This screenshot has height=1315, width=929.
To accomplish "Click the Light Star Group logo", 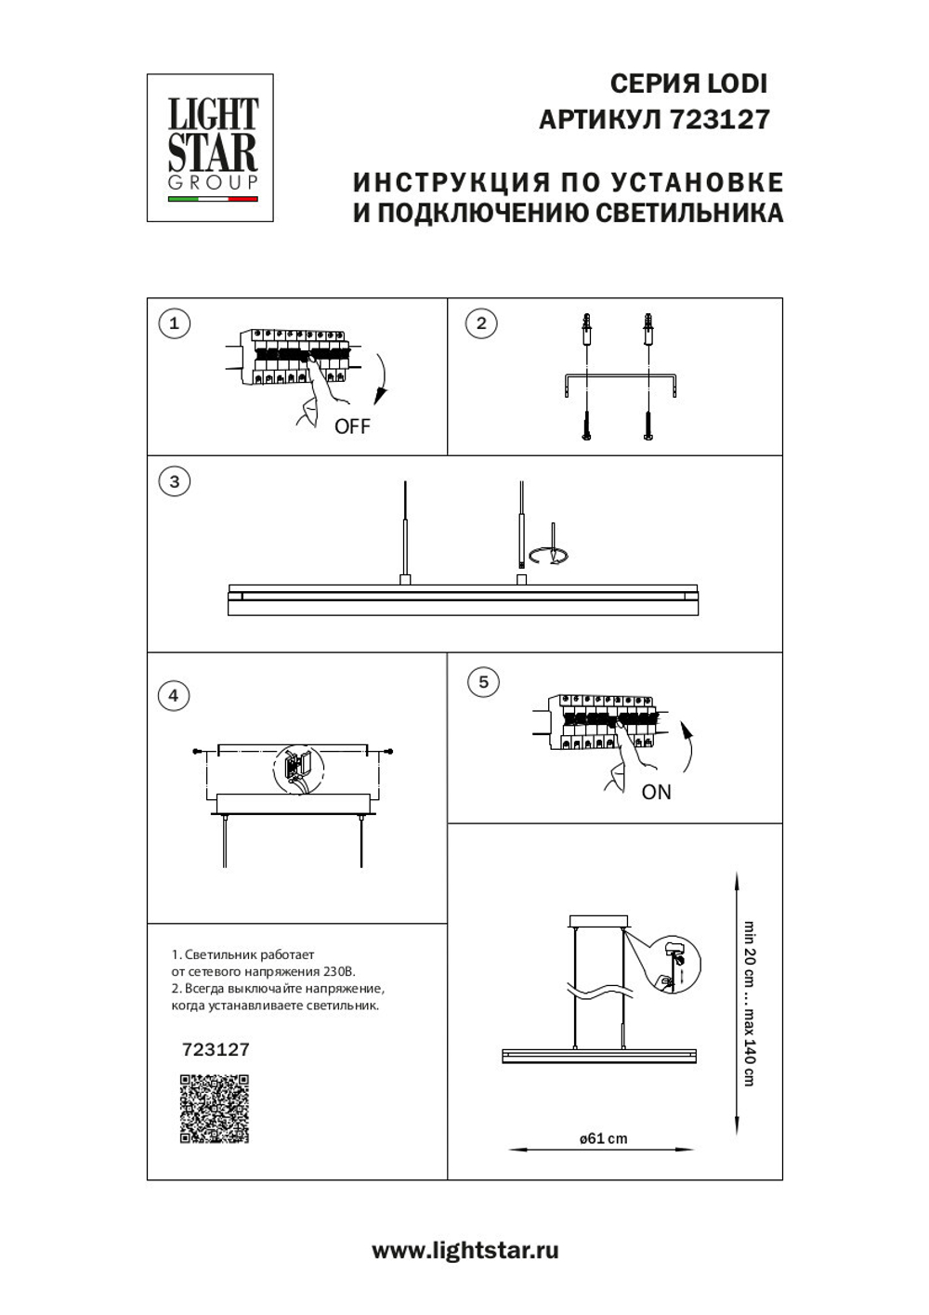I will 210,148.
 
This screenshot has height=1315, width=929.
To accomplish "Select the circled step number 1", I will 174,323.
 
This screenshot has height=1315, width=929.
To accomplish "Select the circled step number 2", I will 480,323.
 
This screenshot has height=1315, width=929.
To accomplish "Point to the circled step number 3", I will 174,481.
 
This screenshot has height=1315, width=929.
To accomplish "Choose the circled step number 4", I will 174,695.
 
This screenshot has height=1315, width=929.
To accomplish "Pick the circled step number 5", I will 482,681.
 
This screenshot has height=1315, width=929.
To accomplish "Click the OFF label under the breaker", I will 352,427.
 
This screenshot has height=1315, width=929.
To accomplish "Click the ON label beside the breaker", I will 656,792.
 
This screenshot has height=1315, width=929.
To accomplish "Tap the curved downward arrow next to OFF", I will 380,382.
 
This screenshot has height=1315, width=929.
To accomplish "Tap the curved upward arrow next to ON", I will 687,747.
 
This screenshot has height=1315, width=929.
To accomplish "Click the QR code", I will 215,1109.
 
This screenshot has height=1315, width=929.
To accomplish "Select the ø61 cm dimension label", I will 603,1138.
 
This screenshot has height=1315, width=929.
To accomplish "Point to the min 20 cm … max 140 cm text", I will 749,1004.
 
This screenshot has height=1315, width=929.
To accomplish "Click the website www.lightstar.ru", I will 464,1251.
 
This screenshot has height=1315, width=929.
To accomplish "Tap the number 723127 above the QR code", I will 216,1049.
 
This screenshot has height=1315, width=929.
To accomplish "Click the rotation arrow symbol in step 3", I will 549,556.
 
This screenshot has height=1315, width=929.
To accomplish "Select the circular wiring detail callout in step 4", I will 297,769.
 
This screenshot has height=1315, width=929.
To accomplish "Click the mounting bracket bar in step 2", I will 620,378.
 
